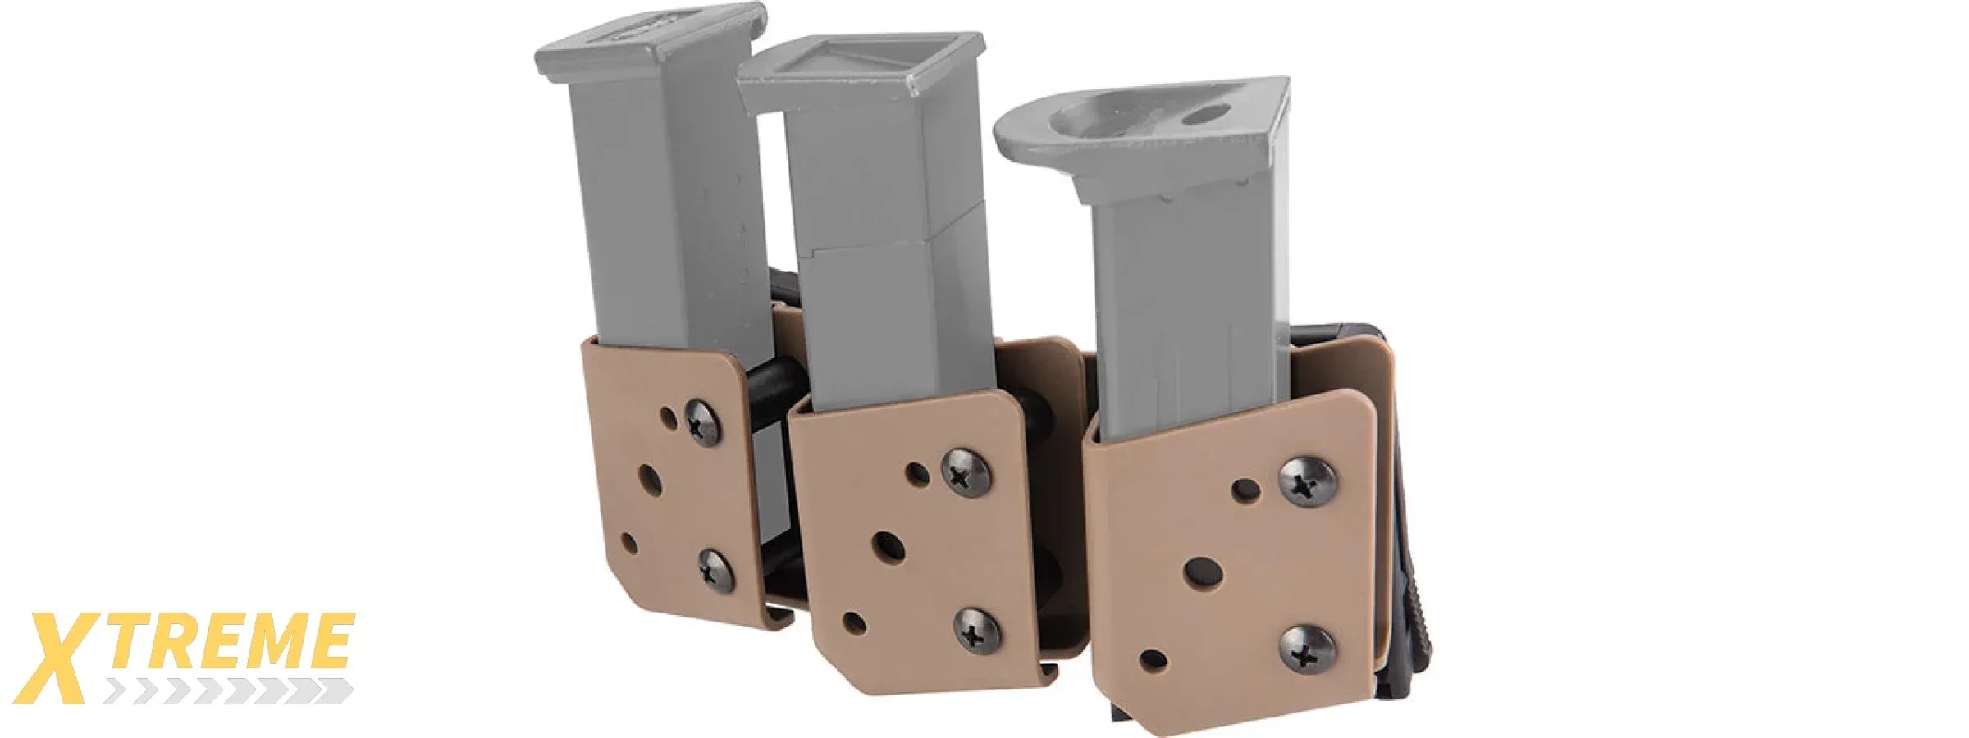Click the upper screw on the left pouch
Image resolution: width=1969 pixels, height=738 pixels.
(x=703, y=421)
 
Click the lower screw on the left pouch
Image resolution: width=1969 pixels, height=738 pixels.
(x=716, y=568)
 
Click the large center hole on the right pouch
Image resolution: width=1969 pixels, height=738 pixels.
(x=1204, y=572)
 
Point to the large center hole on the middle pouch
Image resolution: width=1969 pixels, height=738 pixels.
(x=888, y=545)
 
